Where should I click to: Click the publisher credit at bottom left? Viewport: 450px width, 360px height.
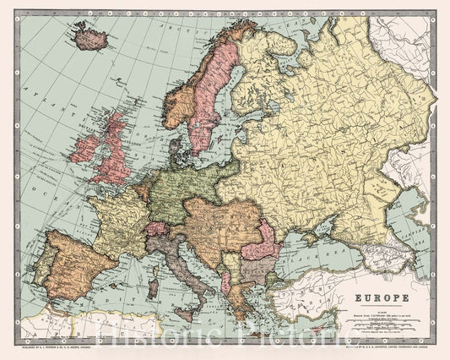pos(60,346)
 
